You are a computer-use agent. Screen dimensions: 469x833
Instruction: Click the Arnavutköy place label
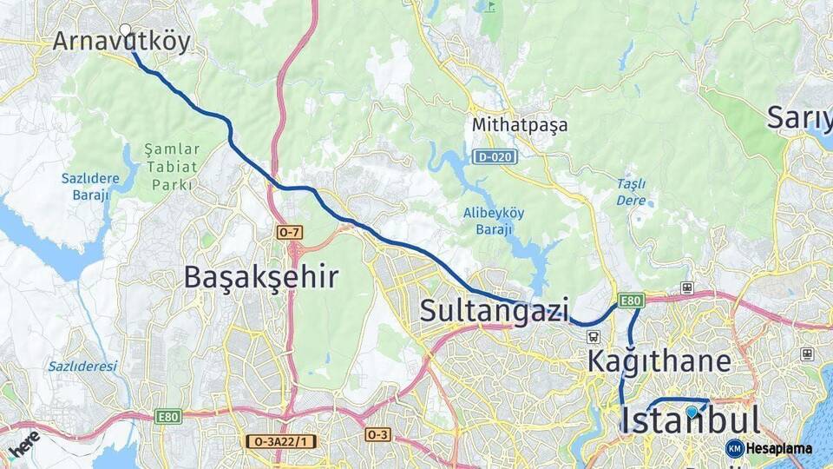click(x=121, y=42)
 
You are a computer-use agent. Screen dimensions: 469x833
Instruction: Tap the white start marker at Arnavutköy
click(x=126, y=30)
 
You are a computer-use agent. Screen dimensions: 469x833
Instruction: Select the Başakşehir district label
click(x=261, y=277)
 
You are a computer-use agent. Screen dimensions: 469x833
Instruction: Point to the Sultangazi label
click(x=495, y=310)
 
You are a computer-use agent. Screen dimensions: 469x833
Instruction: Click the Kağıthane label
click(x=659, y=360)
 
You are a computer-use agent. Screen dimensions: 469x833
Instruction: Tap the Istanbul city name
click(x=691, y=421)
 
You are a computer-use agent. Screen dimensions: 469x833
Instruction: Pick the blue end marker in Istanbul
click(x=692, y=412)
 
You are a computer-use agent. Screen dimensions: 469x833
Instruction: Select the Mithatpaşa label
click(x=520, y=125)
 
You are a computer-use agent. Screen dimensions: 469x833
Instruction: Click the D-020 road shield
click(x=495, y=157)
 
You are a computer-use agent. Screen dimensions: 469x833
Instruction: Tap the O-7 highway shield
click(x=289, y=232)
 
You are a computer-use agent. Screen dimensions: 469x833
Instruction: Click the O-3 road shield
click(x=377, y=434)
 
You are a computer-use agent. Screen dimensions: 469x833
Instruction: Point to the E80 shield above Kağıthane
click(x=631, y=301)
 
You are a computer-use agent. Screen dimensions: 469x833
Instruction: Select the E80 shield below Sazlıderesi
click(x=168, y=418)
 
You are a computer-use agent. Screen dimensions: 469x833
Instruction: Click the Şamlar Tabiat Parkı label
click(x=172, y=167)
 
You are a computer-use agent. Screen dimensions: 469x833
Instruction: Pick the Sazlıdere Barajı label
click(x=86, y=186)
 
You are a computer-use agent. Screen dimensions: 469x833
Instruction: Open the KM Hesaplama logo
click(x=769, y=448)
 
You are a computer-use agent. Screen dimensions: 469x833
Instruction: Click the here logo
click(x=23, y=443)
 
